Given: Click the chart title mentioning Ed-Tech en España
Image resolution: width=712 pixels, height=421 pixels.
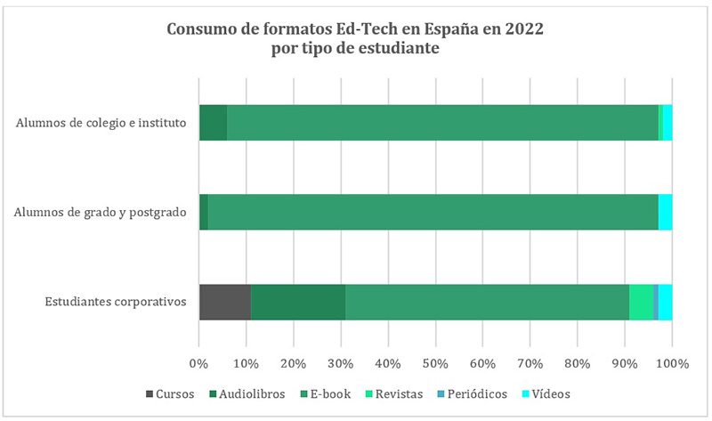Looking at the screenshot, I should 356,39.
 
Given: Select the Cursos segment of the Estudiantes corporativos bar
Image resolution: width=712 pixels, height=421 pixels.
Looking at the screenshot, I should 225,302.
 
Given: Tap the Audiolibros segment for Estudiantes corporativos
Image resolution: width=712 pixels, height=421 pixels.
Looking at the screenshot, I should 298,302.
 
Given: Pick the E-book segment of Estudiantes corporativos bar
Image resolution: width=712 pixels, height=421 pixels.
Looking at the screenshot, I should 487,302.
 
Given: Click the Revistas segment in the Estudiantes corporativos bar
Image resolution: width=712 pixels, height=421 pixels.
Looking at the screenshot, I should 641,302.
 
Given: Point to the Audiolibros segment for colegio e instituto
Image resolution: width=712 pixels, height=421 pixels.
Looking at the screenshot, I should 214,122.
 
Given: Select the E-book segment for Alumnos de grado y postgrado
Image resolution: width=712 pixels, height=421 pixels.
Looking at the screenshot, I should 433,212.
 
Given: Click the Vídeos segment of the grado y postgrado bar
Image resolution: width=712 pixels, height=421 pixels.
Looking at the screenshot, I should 665,212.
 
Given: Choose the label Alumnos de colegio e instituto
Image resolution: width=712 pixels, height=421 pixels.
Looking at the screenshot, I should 101,122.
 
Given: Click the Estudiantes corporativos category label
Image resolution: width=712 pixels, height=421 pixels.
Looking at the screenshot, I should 116,302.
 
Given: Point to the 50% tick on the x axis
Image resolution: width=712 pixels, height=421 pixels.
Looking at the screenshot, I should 435,363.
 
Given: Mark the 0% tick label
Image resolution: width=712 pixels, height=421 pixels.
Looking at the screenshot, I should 199,363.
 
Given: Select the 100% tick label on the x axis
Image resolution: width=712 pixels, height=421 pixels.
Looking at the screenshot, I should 672,363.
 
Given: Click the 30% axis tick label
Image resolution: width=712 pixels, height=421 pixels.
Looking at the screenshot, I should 341,363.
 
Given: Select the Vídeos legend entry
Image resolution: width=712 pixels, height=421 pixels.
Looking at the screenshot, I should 546,393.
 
